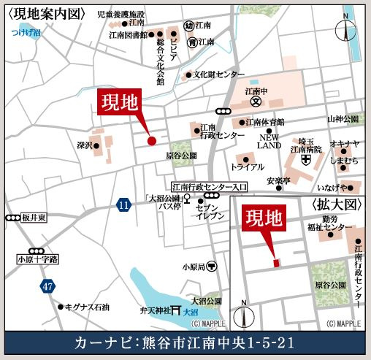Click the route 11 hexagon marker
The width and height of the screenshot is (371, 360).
(x=123, y=207)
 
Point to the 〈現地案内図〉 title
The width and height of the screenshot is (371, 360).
(x=45, y=14)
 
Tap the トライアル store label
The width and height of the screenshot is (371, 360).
(x=247, y=167)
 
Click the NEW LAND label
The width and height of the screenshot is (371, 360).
(x=269, y=141)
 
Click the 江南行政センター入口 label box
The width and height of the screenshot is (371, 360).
(x=210, y=187)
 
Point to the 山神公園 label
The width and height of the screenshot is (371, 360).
(x=343, y=118)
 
